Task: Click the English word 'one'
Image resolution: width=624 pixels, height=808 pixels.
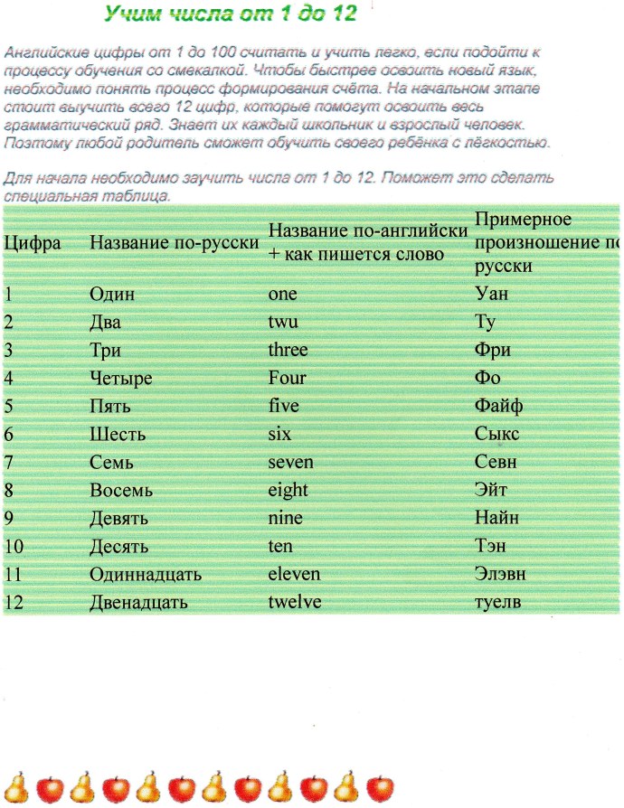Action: [282, 294]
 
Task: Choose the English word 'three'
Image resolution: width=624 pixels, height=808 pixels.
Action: [288, 350]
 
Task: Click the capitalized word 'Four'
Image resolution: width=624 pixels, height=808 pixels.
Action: [288, 378]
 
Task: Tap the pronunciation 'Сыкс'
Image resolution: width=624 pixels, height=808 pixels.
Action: [497, 435]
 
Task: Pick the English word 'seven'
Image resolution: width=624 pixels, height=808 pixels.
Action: [291, 463]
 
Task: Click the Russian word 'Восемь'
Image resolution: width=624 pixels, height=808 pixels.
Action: [121, 491]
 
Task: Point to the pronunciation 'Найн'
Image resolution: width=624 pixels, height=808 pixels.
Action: [496, 519]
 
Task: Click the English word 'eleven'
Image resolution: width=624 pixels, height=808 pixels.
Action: [294, 575]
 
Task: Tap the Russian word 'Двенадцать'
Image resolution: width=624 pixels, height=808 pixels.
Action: [137, 603]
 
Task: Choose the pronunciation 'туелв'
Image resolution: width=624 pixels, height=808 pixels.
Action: [500, 603]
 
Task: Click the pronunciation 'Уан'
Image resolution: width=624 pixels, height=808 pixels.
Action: [493, 294]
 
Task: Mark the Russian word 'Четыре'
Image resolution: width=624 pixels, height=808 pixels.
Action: [121, 378]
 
